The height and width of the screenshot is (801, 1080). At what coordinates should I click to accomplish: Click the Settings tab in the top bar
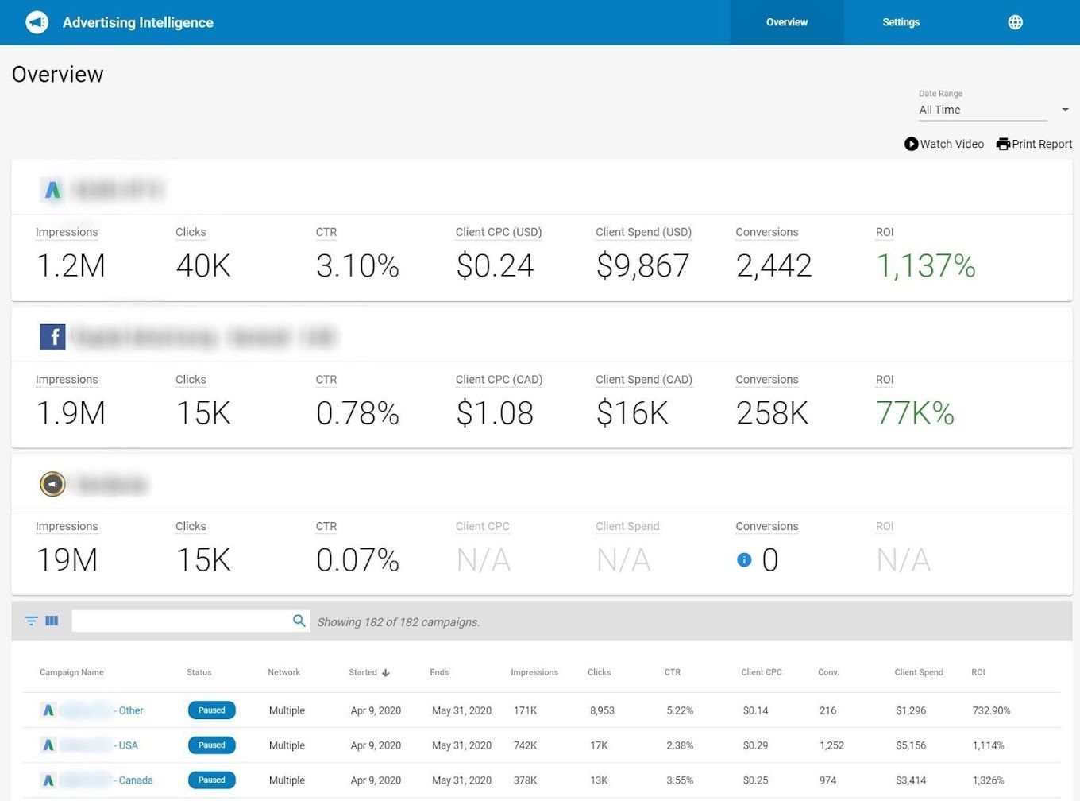click(x=901, y=22)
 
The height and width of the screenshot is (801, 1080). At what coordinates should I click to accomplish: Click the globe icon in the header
click(x=1015, y=22)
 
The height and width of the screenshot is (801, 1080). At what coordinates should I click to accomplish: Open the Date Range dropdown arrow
click(x=1065, y=110)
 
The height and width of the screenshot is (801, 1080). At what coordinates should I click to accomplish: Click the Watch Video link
click(x=944, y=144)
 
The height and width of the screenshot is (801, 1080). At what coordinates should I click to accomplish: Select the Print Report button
click(x=1034, y=144)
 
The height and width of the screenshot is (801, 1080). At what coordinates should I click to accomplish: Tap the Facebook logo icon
click(x=52, y=337)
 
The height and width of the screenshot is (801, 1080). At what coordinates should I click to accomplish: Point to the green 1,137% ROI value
click(x=925, y=266)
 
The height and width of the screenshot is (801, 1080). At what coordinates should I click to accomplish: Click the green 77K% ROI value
click(x=915, y=413)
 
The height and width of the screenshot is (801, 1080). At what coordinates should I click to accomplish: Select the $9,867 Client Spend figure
click(x=642, y=266)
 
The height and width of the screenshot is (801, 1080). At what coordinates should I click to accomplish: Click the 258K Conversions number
click(x=772, y=413)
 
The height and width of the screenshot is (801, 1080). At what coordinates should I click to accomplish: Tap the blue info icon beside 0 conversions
click(x=744, y=560)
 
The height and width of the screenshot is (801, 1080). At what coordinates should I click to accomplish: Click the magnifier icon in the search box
click(x=299, y=621)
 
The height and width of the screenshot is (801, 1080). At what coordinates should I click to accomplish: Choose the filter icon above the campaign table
click(x=31, y=621)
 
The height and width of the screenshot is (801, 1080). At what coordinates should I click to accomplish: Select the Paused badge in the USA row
click(x=211, y=745)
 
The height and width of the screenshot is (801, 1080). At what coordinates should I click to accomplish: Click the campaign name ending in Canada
click(x=135, y=780)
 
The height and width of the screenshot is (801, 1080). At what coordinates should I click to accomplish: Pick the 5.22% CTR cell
click(x=680, y=710)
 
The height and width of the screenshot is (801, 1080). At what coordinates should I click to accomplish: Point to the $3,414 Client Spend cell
click(x=911, y=780)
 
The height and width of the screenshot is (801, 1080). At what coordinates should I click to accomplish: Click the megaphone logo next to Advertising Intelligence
click(x=37, y=22)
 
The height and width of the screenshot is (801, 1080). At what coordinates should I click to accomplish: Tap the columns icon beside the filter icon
click(x=52, y=621)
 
